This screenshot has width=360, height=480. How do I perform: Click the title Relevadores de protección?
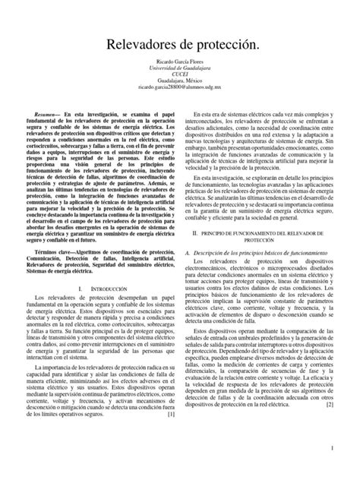click(180, 47)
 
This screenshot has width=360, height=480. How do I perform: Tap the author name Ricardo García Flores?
click(180, 70)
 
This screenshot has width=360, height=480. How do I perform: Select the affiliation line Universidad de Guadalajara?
click(180, 77)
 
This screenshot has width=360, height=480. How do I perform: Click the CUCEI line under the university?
click(180, 84)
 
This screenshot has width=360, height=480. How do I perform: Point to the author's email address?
click(180, 97)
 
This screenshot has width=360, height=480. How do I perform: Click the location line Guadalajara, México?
click(180, 90)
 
